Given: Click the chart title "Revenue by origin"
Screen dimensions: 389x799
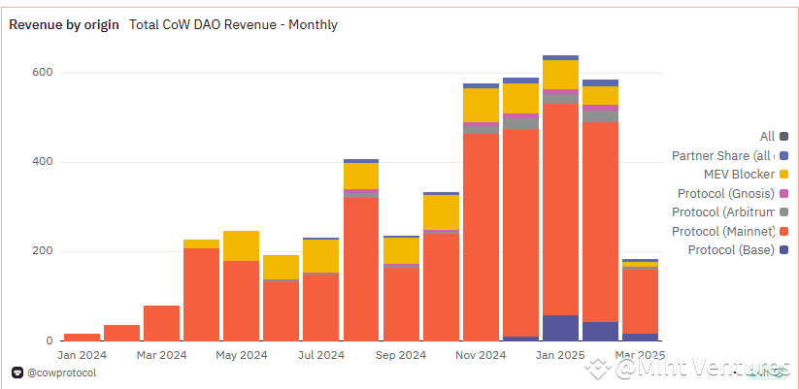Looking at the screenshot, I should [x=64, y=24].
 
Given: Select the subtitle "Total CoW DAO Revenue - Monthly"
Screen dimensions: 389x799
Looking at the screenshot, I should [x=233, y=24].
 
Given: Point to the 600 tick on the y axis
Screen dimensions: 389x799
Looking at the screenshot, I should [x=41, y=73].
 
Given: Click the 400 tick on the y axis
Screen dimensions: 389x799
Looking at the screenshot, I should [x=41, y=162].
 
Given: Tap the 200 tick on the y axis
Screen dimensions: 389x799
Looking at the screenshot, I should [x=41, y=251].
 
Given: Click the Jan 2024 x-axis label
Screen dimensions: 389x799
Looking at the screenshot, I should [x=81, y=355].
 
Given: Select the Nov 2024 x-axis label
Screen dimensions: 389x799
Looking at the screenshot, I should [x=480, y=355].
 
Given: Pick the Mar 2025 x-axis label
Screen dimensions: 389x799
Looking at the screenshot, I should [x=640, y=355].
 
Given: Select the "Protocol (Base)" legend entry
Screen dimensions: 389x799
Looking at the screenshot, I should [x=730, y=250].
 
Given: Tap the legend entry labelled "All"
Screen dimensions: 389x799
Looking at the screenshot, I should [x=767, y=137].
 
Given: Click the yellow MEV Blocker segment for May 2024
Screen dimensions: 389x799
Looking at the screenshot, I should [x=241, y=245].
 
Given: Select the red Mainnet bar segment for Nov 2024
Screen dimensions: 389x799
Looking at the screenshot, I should [x=481, y=238].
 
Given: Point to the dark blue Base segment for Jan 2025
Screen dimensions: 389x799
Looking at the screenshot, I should [x=560, y=328].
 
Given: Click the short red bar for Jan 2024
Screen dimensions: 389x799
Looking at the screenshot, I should [x=82, y=337].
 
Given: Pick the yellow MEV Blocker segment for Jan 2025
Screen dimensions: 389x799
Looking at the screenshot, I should [x=560, y=75].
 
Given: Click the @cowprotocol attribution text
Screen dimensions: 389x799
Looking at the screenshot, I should [x=60, y=372].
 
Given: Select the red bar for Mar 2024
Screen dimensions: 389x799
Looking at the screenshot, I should [x=161, y=323].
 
